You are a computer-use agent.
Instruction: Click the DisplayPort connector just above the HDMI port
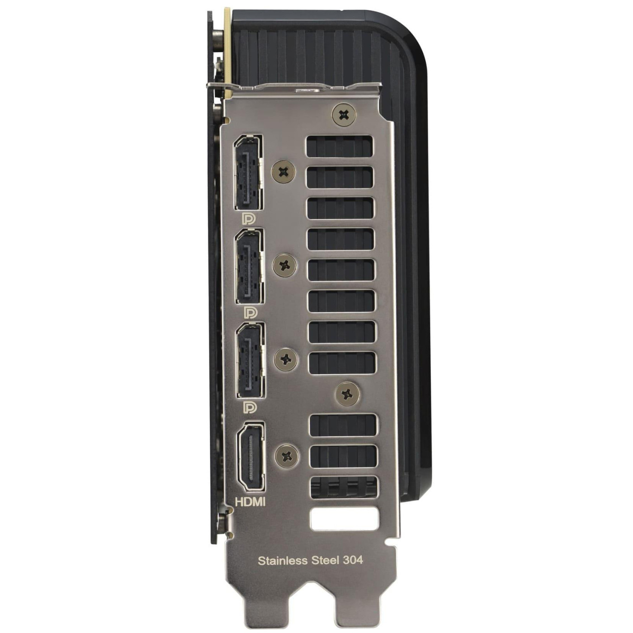click(250, 360)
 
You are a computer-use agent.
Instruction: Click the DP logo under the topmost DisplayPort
click(249, 219)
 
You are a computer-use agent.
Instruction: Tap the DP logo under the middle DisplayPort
click(250, 313)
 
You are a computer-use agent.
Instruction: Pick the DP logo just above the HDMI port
click(250, 407)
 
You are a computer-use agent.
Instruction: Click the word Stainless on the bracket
click(283, 560)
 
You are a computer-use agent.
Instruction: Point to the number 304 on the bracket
click(353, 560)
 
